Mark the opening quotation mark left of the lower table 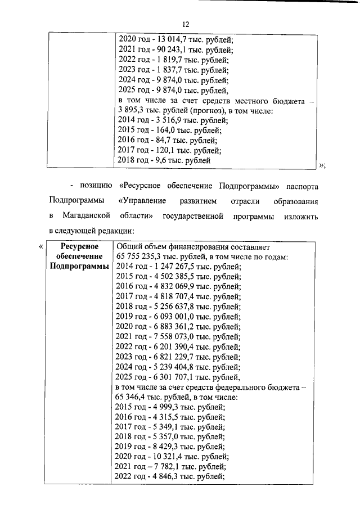pyautogui.click(x=39, y=247)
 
